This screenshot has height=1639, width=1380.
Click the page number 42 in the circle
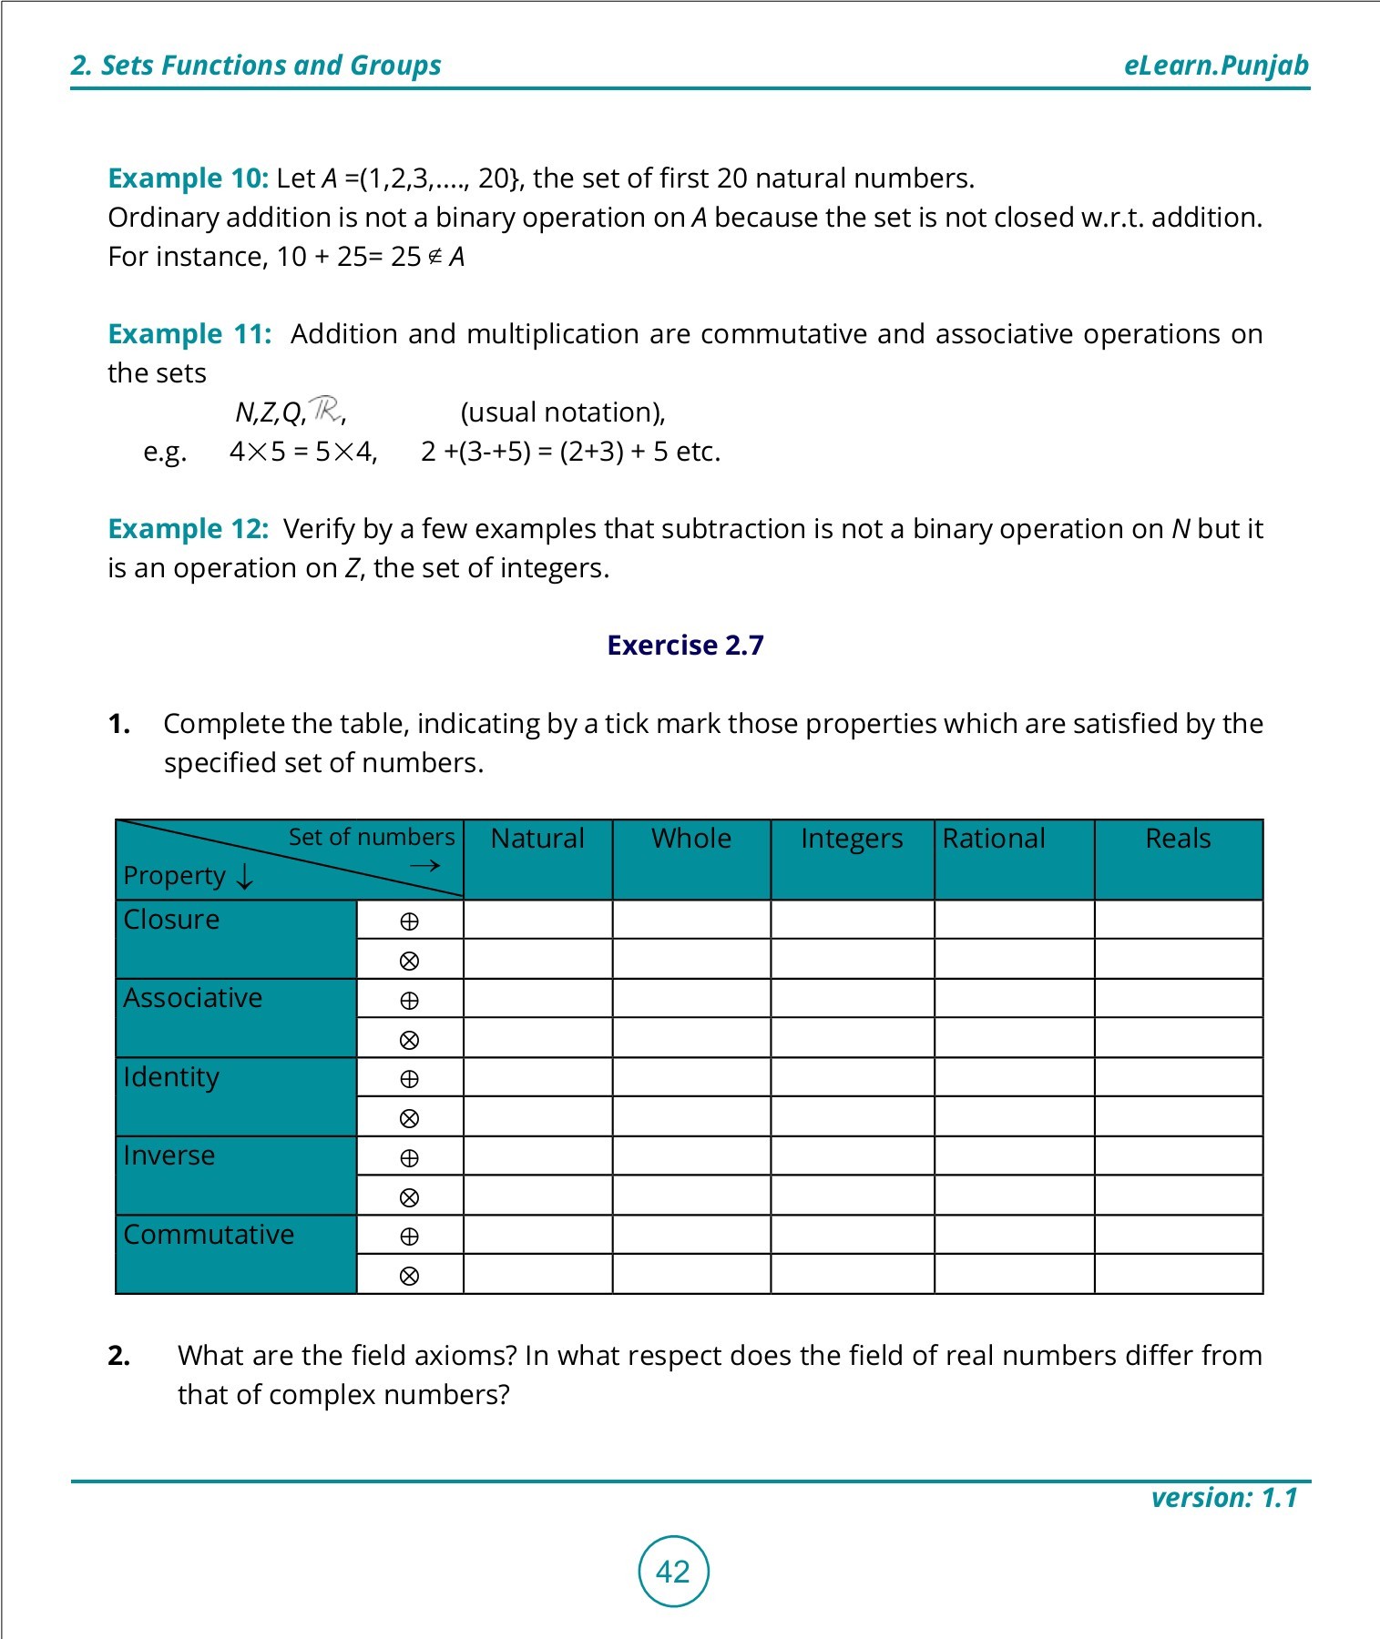pos(673,1572)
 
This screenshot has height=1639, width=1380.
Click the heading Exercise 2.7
pos(685,645)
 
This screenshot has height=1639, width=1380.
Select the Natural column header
pos(537,838)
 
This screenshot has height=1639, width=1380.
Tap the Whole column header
pos(691,838)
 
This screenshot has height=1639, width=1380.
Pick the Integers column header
pos(852,838)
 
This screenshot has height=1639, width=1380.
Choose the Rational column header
pos(994,838)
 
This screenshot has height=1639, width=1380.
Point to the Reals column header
pos(1178,838)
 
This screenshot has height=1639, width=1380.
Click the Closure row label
pos(172,920)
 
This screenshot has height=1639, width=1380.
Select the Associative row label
pos(193,998)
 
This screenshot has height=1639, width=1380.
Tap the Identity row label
pos(172,1077)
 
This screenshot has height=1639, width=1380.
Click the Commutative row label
pos(210,1235)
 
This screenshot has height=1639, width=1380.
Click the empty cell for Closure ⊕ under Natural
pos(537,920)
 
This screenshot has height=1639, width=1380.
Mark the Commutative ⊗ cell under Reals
pos(1178,1274)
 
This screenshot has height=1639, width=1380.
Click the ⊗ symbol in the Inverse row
pos(410,1197)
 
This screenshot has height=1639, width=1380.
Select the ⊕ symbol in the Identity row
pos(410,1079)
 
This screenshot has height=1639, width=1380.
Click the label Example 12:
pos(189,529)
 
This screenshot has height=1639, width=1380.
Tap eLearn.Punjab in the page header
pos(1216,66)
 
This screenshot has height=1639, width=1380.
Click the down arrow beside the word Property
pos(244,876)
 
